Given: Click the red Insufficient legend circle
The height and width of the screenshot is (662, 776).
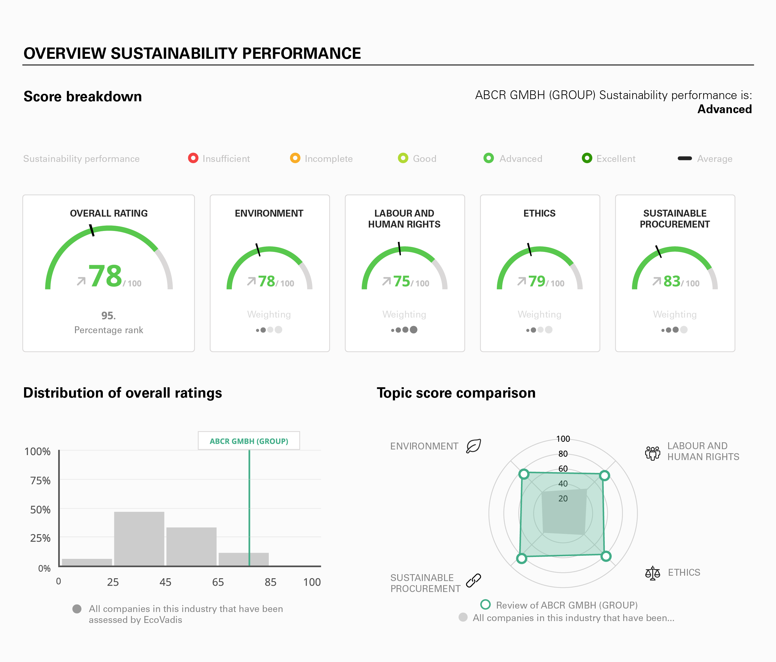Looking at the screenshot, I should click(193, 158).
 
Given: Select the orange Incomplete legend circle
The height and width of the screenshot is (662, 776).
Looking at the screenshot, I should click(295, 158).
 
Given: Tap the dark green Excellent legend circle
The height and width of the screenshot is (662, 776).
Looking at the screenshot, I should click(587, 158).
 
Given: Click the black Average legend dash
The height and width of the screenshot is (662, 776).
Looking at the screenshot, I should click(685, 158).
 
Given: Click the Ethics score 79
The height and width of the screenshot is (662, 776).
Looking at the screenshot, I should click(537, 281).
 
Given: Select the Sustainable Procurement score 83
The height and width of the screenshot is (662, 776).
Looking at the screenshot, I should click(672, 281).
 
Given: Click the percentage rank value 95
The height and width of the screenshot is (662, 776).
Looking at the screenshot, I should click(108, 316).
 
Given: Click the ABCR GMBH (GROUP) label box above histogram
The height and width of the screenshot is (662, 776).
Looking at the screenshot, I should click(249, 441).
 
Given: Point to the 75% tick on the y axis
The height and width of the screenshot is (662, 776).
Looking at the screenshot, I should click(40, 481).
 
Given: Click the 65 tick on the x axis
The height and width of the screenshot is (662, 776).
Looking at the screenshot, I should click(218, 582).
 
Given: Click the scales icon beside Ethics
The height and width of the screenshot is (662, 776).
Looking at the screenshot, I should click(653, 573).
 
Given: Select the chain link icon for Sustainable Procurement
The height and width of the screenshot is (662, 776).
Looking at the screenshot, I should click(473, 580).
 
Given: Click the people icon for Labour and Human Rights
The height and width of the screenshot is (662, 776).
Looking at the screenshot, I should click(653, 453).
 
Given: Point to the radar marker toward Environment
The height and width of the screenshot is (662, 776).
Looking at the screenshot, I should click(524, 474).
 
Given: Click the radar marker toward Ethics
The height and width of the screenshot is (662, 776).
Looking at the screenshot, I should click(606, 556).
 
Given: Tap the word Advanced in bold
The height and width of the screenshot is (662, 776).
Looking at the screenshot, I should click(724, 109).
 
